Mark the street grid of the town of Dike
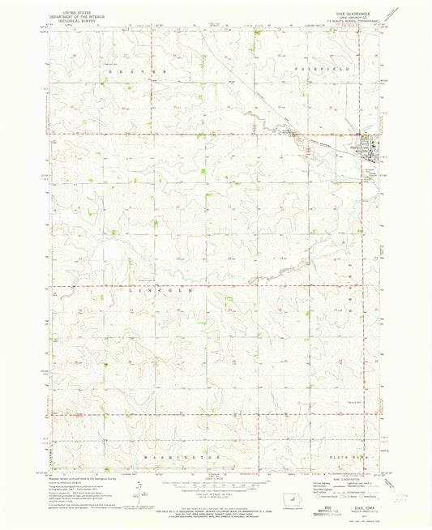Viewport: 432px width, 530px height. point(370,147)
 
